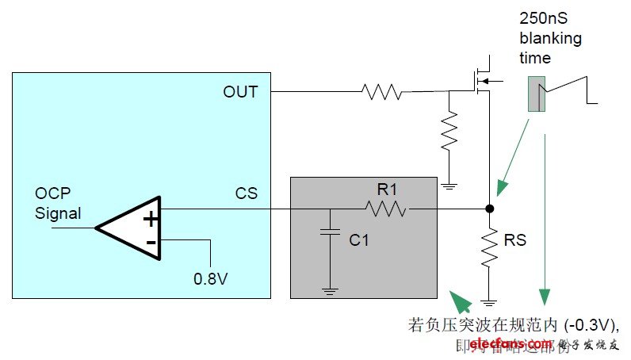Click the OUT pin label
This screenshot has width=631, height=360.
tap(240, 92)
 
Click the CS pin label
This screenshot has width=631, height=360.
tap(247, 193)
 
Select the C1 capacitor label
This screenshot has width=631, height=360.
tap(359, 239)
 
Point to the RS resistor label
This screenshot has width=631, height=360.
tap(515, 239)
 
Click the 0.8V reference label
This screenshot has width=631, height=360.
tap(210, 278)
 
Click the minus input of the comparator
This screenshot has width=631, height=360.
tap(151, 242)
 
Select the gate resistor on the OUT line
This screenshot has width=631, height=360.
tap(382, 92)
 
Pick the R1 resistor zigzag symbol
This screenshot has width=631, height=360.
tap(385, 209)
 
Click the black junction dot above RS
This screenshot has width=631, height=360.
tap(488, 209)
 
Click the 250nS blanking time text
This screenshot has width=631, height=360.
tap(550, 38)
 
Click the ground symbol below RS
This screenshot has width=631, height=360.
tap(488, 302)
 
